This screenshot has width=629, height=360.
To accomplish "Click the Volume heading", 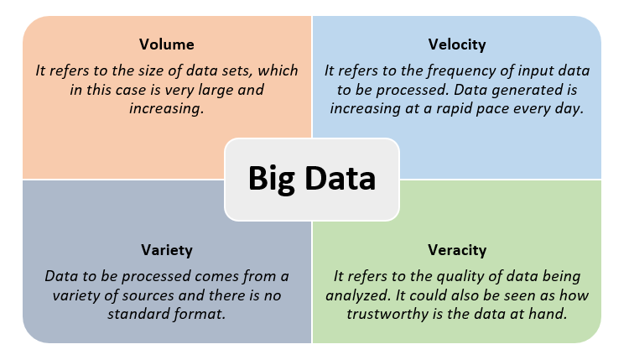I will click(167, 44).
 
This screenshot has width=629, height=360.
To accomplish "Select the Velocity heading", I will click(457, 44).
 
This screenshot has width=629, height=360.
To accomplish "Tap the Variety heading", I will click(167, 250).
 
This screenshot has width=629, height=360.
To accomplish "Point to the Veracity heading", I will click(457, 250).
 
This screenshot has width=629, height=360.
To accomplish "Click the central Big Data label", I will click(312, 179).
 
